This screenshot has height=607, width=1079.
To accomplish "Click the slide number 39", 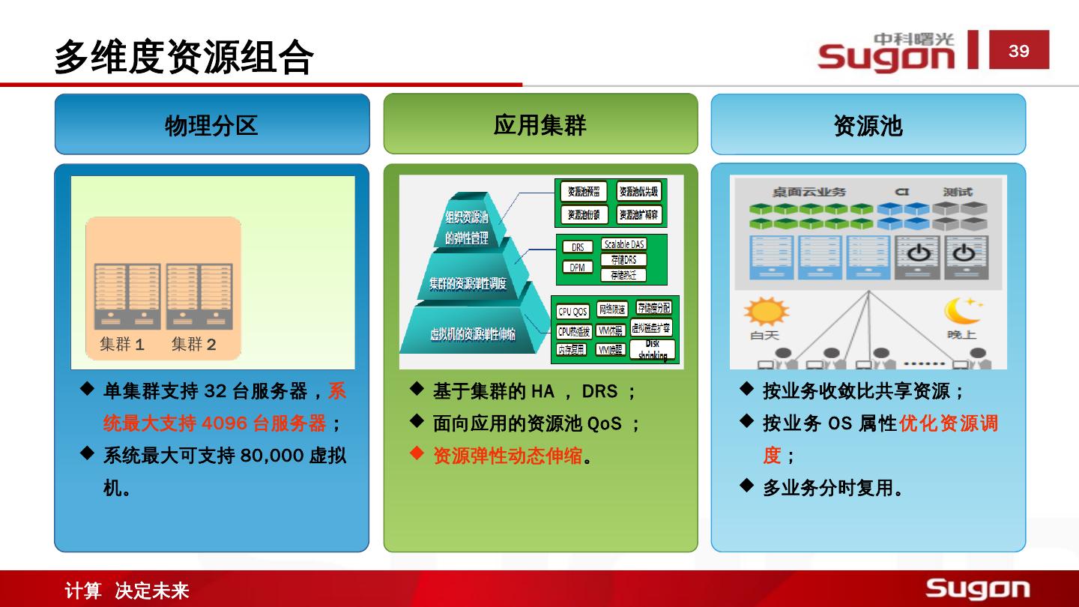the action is coord(1018,51).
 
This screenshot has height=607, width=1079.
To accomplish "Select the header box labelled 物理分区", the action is coord(211,124).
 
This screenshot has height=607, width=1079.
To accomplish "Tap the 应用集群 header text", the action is coord(539,124).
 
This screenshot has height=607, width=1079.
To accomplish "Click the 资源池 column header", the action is coord(868,125).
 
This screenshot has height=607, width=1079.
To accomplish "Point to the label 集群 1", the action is coord(122,344).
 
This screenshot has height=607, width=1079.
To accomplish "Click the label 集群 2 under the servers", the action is coord(193,344).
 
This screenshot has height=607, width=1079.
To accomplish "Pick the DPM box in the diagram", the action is coord(577,267).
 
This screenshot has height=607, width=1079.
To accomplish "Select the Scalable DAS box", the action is coord(623,244).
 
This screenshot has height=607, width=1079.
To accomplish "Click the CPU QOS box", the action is coord(573,311).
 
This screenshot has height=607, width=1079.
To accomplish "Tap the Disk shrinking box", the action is coord(653,349).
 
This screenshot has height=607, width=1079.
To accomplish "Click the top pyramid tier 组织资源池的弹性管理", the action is coord(467,226).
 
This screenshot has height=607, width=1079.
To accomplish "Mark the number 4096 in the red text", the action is coord(225,423).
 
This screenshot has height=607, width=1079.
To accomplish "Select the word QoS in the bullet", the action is coord(604,423).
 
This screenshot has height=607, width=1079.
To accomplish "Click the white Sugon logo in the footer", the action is coord(978,588).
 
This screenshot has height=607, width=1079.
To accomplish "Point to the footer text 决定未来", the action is coord(152,591).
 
